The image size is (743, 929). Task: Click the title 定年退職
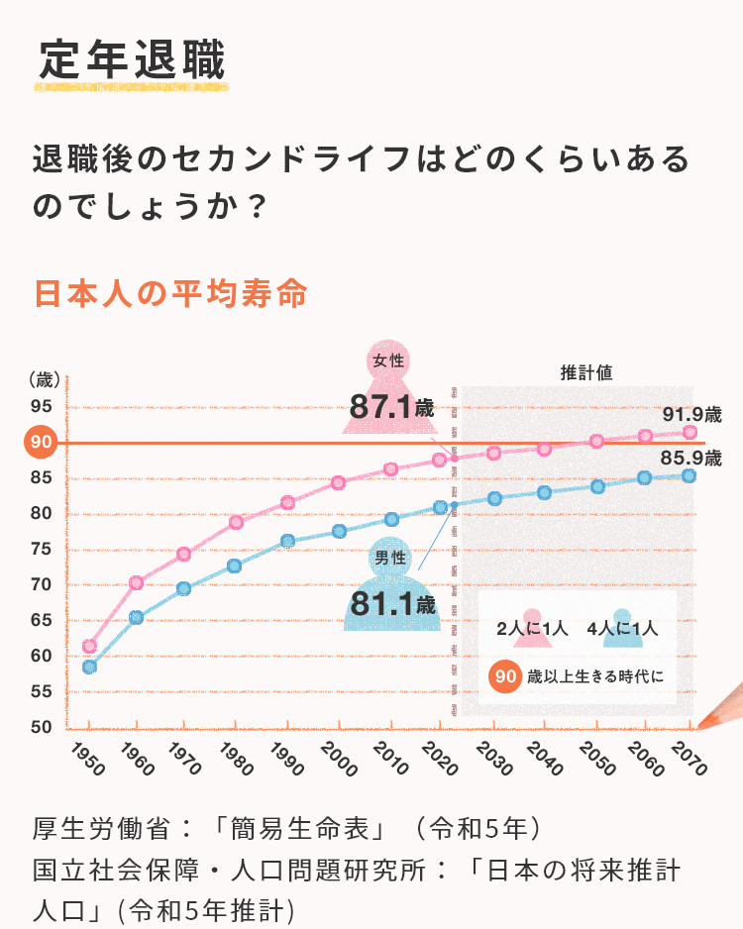point(133,59)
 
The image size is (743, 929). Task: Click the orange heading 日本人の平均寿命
point(169,294)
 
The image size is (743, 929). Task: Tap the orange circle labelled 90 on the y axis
point(42,443)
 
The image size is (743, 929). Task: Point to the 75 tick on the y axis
point(41,549)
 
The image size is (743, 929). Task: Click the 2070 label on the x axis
point(687,758)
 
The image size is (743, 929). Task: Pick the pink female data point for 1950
point(89,646)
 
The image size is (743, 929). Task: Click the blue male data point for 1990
point(287,541)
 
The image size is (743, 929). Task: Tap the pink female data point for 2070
point(690,432)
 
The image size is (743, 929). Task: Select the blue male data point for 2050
point(597,486)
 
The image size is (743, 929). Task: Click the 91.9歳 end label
point(691,413)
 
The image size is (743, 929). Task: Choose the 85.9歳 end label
point(690,459)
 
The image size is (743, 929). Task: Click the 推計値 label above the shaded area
point(585,373)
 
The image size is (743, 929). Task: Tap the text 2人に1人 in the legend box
point(531,628)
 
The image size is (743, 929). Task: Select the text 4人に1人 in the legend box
point(622,628)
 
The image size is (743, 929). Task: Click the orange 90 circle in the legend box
point(506,676)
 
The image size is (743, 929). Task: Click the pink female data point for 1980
point(236,522)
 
